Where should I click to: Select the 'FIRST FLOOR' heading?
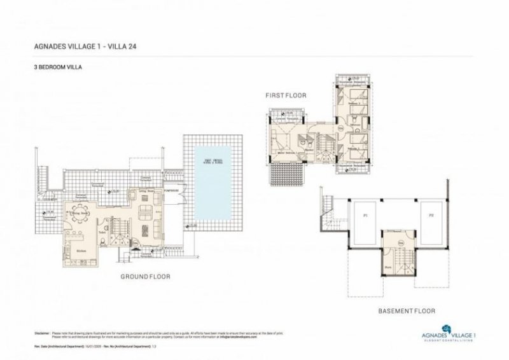pos(286,95)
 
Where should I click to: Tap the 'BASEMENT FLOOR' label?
pos(406,311)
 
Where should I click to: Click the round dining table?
pos(81,216)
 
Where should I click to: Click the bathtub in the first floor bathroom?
pos(312,150)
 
